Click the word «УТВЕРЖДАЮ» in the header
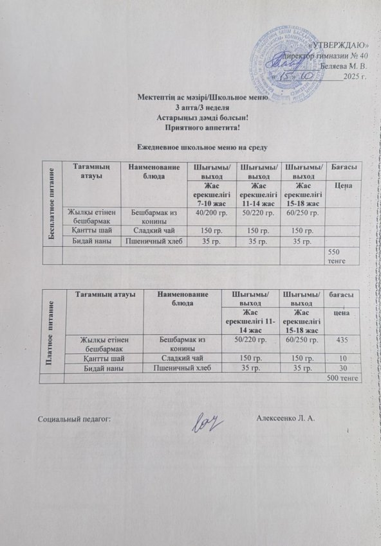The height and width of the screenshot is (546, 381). [x=339, y=44]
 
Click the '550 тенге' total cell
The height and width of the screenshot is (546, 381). [x=339, y=256]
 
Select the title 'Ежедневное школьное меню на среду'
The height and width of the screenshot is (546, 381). [x=193, y=148]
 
